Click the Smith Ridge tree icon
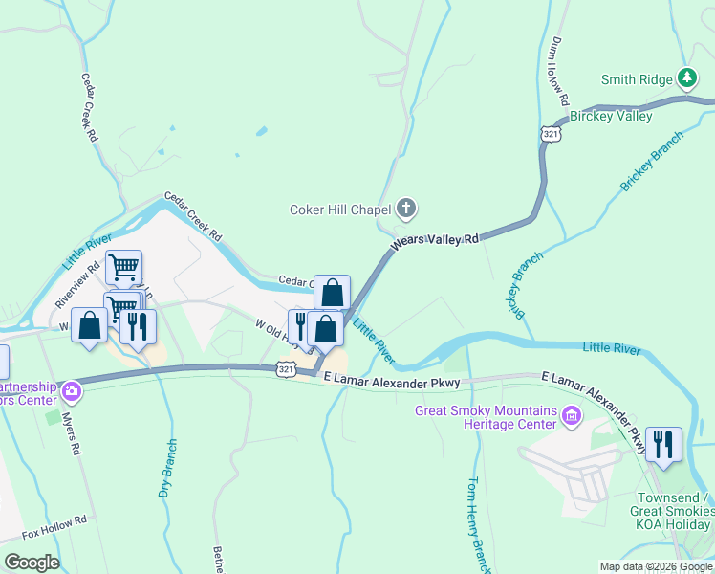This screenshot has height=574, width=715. click(x=686, y=77)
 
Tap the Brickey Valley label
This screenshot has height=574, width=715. click(x=611, y=116)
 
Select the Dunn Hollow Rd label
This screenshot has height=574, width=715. click(x=560, y=72)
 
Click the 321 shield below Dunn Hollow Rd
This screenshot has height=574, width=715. click(x=550, y=135)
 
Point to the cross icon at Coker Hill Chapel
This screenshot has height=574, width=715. click(x=406, y=208)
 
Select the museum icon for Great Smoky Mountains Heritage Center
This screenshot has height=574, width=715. click(x=572, y=416)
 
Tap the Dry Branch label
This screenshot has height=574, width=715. click(x=168, y=469)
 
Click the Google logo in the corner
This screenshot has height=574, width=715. click(x=31, y=562)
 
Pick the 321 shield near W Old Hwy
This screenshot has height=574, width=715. click(x=285, y=367)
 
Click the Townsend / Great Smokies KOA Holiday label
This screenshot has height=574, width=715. click(x=675, y=511)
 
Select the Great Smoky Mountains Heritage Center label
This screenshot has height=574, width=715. click(x=486, y=417)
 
